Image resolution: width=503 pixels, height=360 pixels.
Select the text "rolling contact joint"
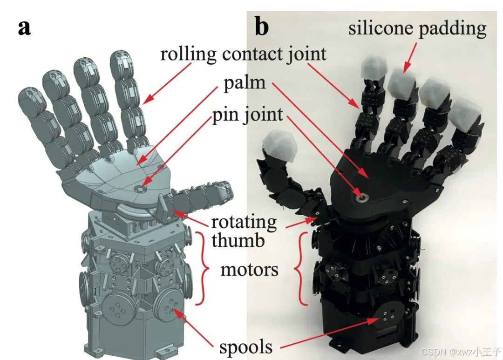pyautogui.click(x=243, y=54)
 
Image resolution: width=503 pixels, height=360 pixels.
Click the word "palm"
pyautogui.click(x=244, y=82)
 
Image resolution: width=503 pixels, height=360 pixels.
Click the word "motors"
pyautogui.click(x=249, y=269)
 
